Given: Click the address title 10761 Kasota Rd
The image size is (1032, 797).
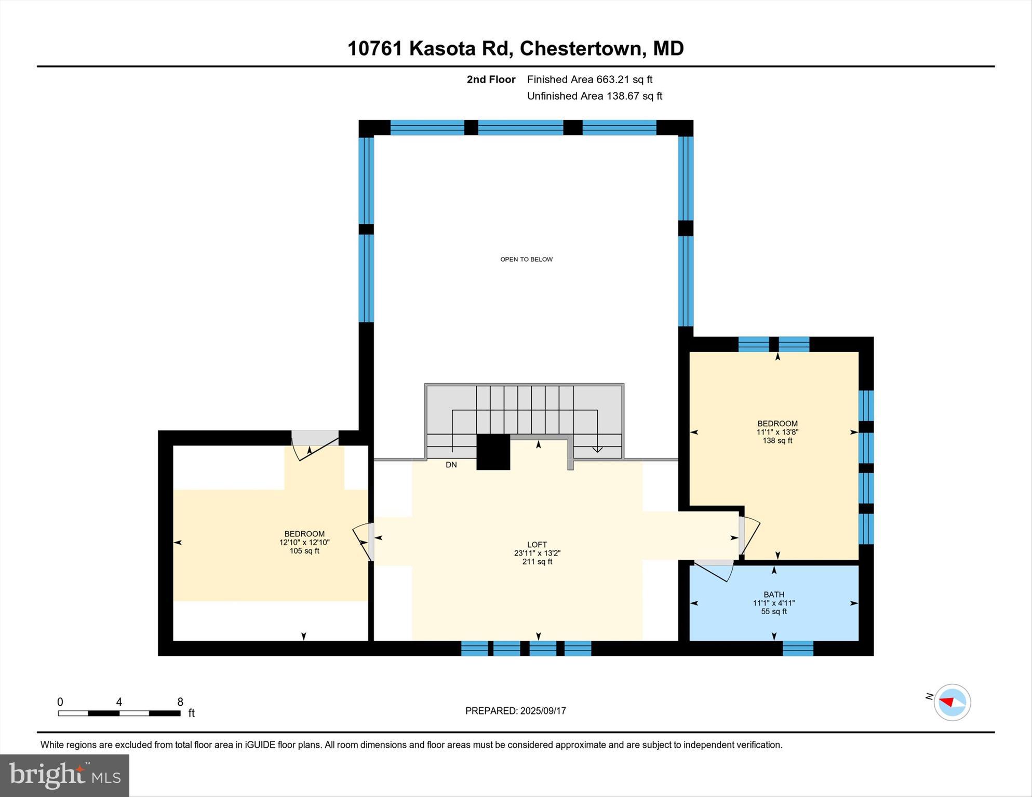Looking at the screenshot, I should (515, 48).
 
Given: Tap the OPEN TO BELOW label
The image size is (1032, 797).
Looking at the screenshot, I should (526, 259).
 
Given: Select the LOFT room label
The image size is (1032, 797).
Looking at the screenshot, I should (537, 545).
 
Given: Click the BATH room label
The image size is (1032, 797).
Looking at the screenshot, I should (774, 595).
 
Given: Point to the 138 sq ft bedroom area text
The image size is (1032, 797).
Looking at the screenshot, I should (777, 441).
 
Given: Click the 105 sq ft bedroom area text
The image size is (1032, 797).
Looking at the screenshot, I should (304, 551).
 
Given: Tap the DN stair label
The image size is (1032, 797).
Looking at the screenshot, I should (451, 465).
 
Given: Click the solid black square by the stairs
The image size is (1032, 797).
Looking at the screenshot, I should (493, 452).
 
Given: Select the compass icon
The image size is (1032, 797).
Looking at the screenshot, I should (952, 703).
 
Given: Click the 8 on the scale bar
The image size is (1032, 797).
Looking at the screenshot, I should (180, 702).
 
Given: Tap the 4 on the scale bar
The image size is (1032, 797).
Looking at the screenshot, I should (119, 702).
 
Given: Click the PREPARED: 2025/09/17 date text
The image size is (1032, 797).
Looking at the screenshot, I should (515, 711).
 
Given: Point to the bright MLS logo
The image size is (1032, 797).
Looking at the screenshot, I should (64, 775).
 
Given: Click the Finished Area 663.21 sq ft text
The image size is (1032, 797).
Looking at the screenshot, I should (589, 79).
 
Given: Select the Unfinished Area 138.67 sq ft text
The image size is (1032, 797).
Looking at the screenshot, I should (594, 96).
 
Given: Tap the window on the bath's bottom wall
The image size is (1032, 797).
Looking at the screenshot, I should (798, 649).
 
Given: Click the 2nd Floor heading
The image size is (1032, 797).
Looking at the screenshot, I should (491, 79).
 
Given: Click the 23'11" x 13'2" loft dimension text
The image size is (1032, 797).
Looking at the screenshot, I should (537, 553).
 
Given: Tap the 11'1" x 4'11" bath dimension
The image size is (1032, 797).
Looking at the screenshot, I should (774, 603).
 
